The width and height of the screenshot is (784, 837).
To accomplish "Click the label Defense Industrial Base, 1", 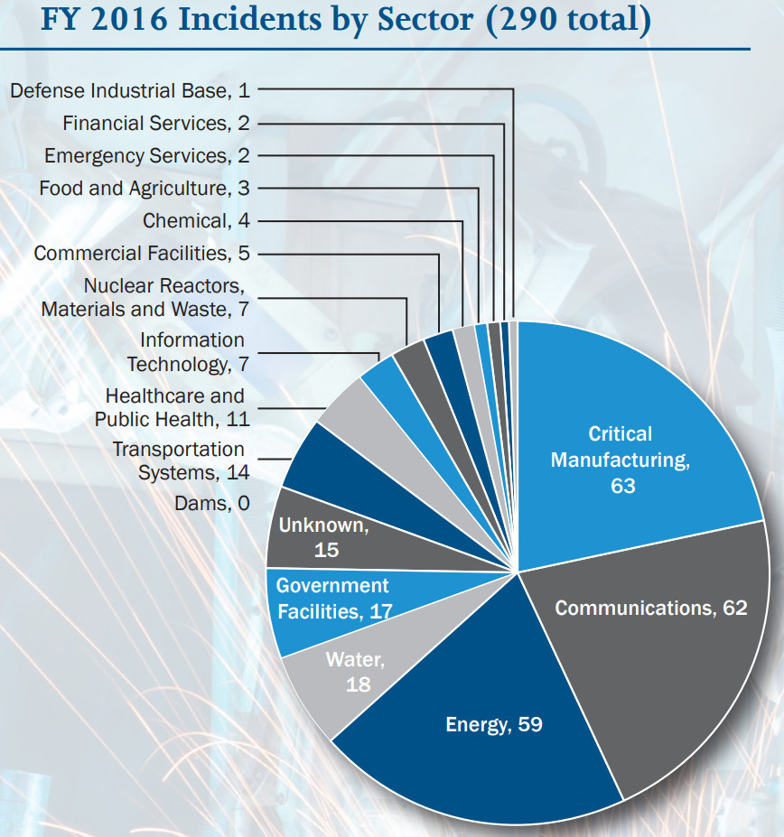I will [130, 90].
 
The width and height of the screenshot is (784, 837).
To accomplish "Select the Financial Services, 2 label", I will [155, 123].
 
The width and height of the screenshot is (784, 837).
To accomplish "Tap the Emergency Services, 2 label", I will [146, 155].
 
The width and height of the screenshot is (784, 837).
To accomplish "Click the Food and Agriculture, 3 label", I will [144, 188].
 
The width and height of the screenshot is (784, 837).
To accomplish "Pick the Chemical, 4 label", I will [196, 220].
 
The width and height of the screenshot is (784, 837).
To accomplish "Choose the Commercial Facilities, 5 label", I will [142, 253].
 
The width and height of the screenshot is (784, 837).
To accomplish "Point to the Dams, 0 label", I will [211, 503].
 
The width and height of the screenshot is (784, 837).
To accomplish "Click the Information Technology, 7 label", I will [187, 352].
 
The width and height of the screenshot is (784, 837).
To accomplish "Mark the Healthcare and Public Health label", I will [173, 407].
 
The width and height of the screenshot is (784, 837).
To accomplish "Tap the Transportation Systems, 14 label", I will [181, 460].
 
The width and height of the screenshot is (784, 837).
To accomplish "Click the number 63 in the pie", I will [622, 486].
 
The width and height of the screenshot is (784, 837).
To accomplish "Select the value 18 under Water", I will [358, 684].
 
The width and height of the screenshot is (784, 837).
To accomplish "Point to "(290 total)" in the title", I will [567, 21].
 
